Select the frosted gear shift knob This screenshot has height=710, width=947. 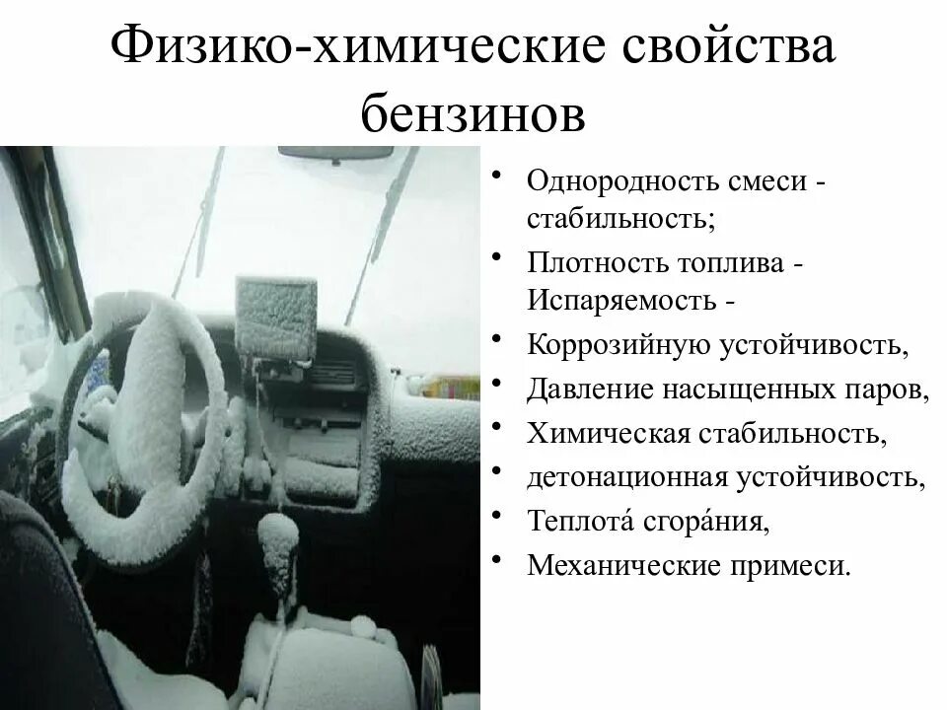tap(277, 542)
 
